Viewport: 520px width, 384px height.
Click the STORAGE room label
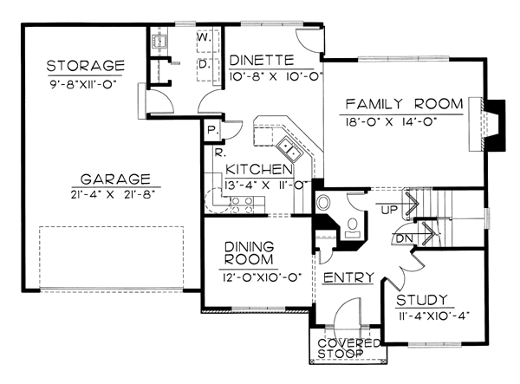(x=85, y=66)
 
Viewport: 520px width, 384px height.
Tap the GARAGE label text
(x=115, y=179)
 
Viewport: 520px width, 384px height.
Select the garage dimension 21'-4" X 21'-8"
(x=113, y=194)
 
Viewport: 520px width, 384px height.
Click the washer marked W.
(x=208, y=41)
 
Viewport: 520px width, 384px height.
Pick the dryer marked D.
(x=208, y=69)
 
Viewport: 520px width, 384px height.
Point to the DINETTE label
(x=262, y=61)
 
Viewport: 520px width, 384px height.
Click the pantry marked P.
(x=211, y=131)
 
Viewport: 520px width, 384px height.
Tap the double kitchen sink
(x=289, y=148)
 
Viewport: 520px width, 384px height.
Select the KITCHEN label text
(x=259, y=169)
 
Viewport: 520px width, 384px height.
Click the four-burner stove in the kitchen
(x=242, y=205)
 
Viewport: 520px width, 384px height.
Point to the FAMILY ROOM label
(x=404, y=104)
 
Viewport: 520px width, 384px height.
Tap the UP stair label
(x=389, y=210)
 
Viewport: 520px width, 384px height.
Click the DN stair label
(x=405, y=238)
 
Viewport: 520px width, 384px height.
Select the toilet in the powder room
(x=353, y=227)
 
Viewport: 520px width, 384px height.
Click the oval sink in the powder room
(x=323, y=203)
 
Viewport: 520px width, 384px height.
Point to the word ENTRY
(x=348, y=278)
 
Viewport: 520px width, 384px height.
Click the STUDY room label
(x=422, y=300)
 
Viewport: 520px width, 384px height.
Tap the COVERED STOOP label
(x=348, y=348)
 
